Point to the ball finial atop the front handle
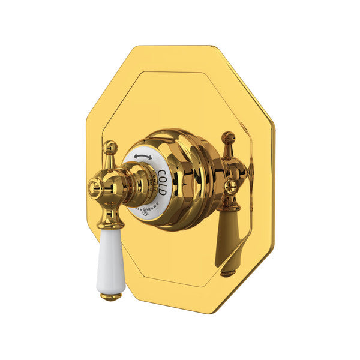click(x=110, y=146)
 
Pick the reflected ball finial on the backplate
click(x=228, y=137)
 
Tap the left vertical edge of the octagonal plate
click(x=87, y=180)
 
